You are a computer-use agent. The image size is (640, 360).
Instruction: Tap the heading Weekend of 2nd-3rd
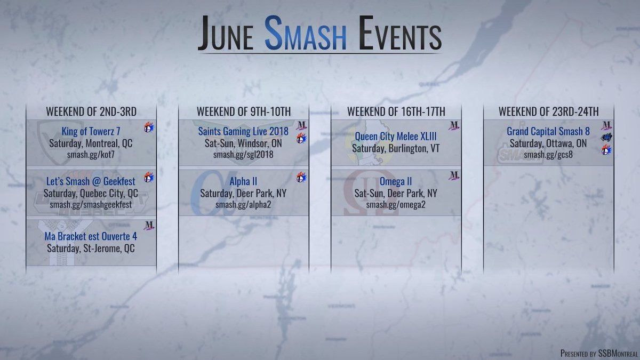coord(91,112)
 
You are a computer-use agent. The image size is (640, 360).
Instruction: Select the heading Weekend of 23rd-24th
coord(548,112)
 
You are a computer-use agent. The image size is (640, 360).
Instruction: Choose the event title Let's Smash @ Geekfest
coord(90,181)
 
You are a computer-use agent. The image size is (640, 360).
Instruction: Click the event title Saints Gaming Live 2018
coord(243,131)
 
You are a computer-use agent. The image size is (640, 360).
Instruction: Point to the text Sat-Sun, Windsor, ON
coord(243,143)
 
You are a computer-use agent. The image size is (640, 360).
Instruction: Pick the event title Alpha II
coord(243,181)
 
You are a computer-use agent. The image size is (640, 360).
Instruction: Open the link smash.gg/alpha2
coord(243,205)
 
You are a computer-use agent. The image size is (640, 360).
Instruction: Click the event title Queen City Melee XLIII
coord(395,136)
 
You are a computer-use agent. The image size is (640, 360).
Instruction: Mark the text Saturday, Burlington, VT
coord(395,148)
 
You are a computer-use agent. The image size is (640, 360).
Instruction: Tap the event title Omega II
coord(395,181)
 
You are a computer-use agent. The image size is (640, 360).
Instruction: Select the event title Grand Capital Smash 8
coord(548,131)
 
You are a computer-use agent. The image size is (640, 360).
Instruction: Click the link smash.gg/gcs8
coord(548,155)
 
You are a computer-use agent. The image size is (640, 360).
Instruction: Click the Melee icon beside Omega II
coord(454,175)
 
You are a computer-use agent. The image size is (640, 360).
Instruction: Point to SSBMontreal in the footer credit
coord(613,353)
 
